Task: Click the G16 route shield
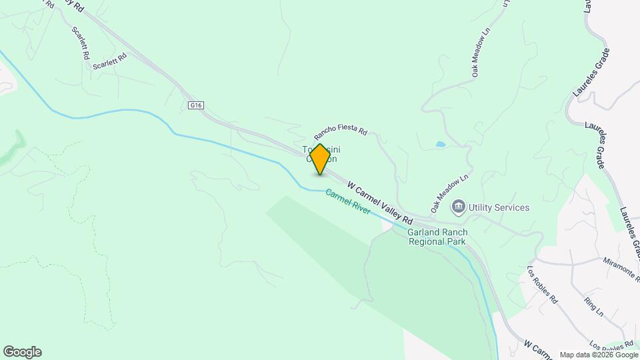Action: (x=195, y=105)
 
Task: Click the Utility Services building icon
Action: (x=458, y=207)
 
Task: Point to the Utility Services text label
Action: (x=499, y=207)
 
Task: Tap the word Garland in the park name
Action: (x=424, y=232)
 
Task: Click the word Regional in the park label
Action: (x=427, y=241)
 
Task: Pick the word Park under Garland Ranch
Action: (x=456, y=241)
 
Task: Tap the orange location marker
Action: (x=320, y=159)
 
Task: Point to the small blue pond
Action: (x=441, y=143)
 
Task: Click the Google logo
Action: (x=22, y=352)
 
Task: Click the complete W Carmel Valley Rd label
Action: (x=380, y=199)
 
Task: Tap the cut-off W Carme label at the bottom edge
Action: (x=539, y=350)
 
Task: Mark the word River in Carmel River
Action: (x=360, y=207)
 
